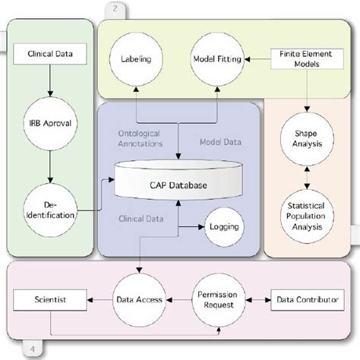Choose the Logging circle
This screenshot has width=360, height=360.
pos(223,226)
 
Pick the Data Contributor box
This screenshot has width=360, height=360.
pos(308,301)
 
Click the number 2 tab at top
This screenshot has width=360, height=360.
pos(115,8)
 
